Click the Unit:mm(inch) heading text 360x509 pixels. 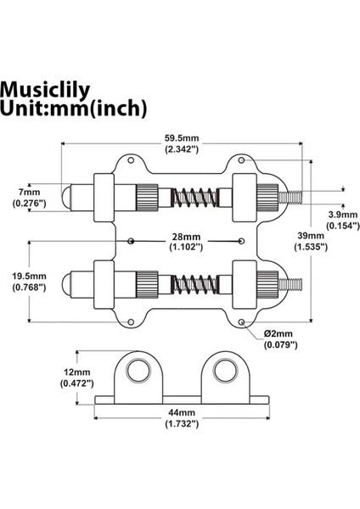coord(74,109)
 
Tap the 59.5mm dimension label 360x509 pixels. coord(181,138)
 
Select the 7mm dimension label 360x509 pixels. coord(31,193)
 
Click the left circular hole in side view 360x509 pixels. coord(136,371)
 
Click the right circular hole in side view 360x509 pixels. coord(224,371)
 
